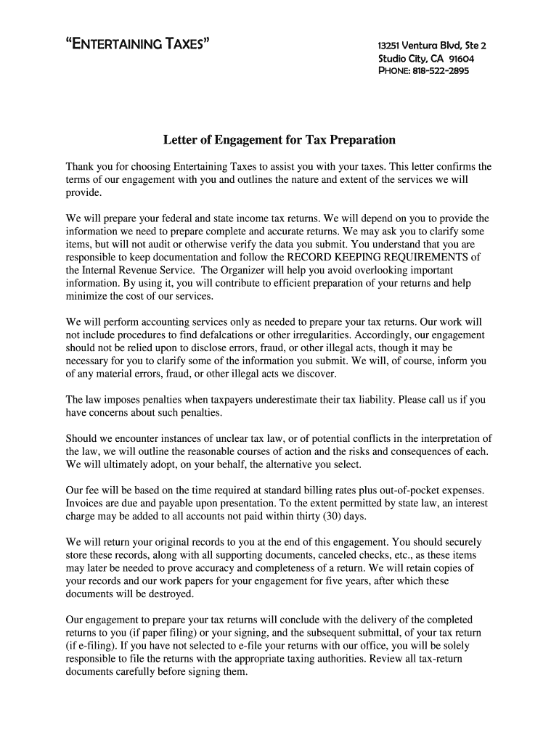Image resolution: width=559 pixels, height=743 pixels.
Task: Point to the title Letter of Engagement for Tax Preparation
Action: pos(279,139)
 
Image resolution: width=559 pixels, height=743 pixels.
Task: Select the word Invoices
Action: pos(86,503)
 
